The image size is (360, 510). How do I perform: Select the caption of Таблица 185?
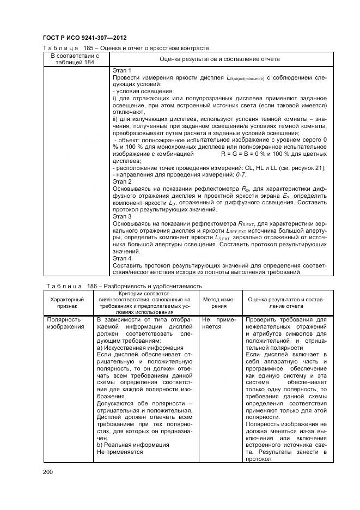point(126,48)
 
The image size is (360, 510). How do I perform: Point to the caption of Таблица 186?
point(122,286)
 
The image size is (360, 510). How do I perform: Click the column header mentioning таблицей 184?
point(75,58)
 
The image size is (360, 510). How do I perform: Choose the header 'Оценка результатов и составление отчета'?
point(219,58)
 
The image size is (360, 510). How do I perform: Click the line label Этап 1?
point(122,71)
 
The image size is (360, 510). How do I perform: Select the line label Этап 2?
point(122,181)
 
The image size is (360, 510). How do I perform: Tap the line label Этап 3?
point(122,216)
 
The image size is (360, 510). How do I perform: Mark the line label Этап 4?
point(122,258)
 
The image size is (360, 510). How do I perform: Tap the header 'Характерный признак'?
point(67,303)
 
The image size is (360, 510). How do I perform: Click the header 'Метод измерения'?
point(219,303)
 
